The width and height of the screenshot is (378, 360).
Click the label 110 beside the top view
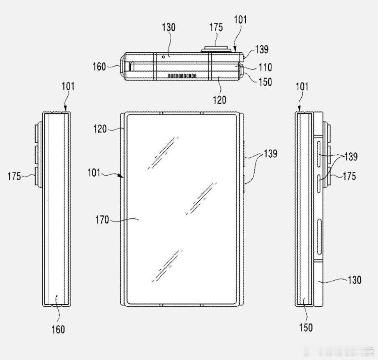[265, 67]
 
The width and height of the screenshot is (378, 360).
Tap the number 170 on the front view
[102, 220]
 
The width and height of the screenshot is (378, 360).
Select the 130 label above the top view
[168, 27]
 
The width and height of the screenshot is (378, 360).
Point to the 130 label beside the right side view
[354, 280]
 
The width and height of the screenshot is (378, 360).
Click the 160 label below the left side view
[58, 329]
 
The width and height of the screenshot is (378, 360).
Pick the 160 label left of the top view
[99, 66]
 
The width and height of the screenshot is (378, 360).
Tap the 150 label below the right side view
[306, 327]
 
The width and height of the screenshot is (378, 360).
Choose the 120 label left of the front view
[100, 129]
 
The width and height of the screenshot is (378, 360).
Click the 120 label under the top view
[219, 99]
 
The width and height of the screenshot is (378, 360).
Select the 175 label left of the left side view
[14, 176]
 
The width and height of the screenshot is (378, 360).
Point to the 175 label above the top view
[216, 27]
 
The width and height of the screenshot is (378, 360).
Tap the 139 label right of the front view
[270, 154]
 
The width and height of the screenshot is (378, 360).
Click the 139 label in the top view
[262, 49]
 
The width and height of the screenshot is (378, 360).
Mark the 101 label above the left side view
[68, 86]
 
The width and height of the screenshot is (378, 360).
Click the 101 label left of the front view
[94, 172]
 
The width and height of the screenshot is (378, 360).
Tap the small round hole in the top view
[164, 57]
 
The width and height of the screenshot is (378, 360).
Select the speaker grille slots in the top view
[182, 76]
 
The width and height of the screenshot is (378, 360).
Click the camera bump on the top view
[216, 49]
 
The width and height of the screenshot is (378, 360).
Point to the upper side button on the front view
[244, 154]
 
